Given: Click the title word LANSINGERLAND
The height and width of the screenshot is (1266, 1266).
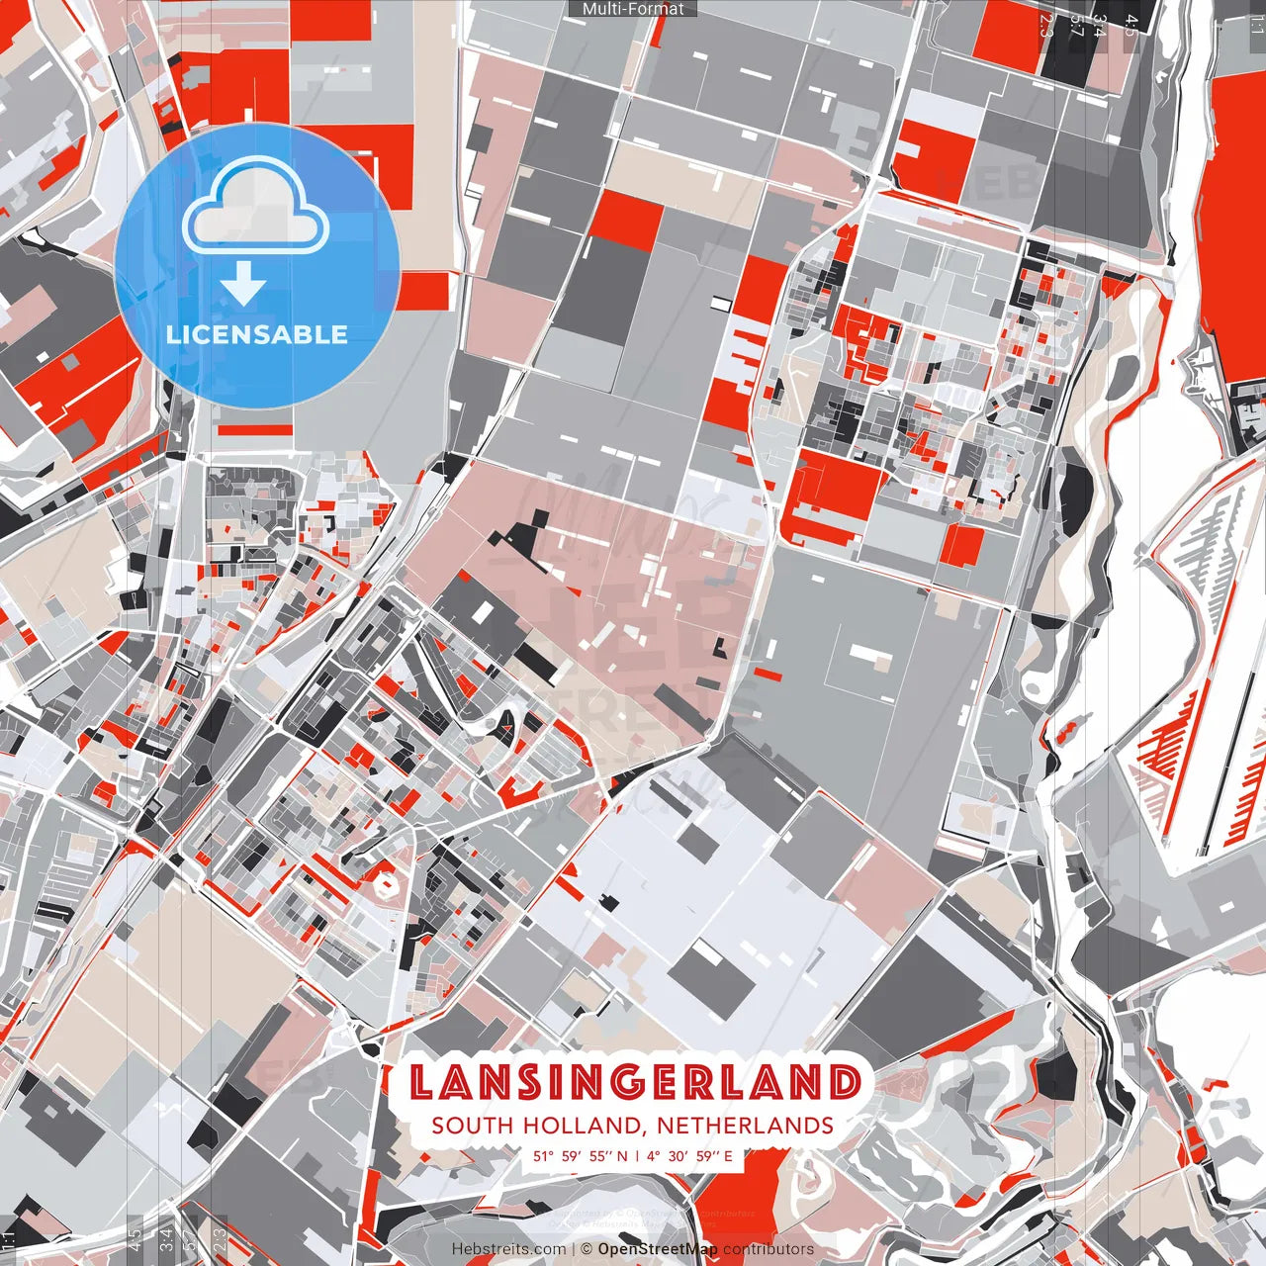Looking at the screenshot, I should pyautogui.click(x=634, y=1083).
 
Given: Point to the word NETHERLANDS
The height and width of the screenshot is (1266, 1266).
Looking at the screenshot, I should pyautogui.click(x=744, y=1126).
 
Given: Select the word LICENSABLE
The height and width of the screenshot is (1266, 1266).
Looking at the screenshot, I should pyautogui.click(x=257, y=334).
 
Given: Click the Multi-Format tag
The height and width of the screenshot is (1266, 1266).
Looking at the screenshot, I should pyautogui.click(x=633, y=9).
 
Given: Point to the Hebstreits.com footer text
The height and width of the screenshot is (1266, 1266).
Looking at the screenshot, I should pyautogui.click(x=508, y=1249).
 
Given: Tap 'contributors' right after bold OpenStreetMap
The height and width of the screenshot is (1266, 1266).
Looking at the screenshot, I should pyautogui.click(x=768, y=1249).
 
